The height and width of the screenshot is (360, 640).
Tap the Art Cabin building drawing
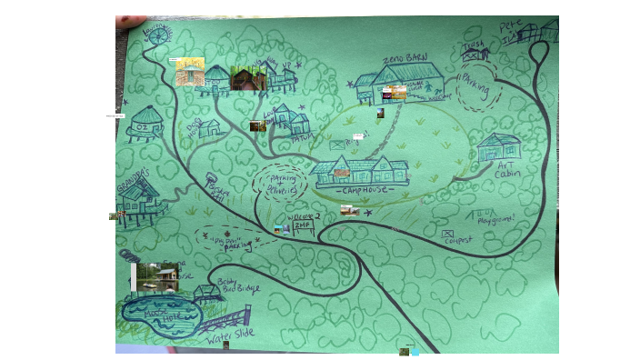(498, 146)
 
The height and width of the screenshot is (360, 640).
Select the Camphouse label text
(364, 190)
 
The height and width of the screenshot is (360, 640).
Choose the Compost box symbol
(447, 235)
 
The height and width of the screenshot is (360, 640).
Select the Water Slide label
(229, 335)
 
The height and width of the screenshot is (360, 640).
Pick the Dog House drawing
(208, 128)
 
